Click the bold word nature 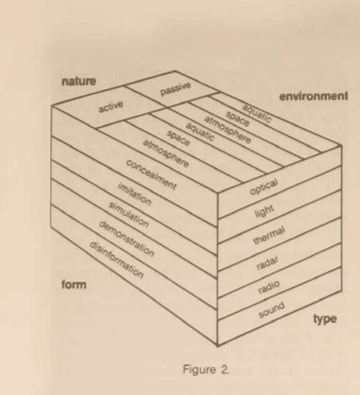pyautogui.click(x=79, y=81)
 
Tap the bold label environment pyautogui.click(x=314, y=97)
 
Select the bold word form pyautogui.click(x=74, y=285)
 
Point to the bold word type pyautogui.click(x=325, y=319)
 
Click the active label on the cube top pyautogui.click(x=111, y=106)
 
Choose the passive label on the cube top pyautogui.click(x=176, y=89)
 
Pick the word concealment pyautogui.click(x=152, y=174)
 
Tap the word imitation pyautogui.click(x=135, y=194)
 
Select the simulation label pyautogui.click(x=129, y=214)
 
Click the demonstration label pyautogui.click(x=126, y=238)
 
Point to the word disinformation pyautogui.click(x=117, y=260)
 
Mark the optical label pyautogui.click(x=264, y=187)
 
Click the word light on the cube pyautogui.click(x=264, y=211)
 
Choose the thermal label pyautogui.click(x=269, y=235)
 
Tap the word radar pyautogui.click(x=267, y=263)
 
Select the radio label pyautogui.click(x=268, y=287)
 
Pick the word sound pyautogui.click(x=272, y=310)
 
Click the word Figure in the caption pyautogui.click(x=199, y=369)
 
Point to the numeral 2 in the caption pyautogui.click(x=225, y=369)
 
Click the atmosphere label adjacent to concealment pyautogui.click(x=165, y=153)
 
